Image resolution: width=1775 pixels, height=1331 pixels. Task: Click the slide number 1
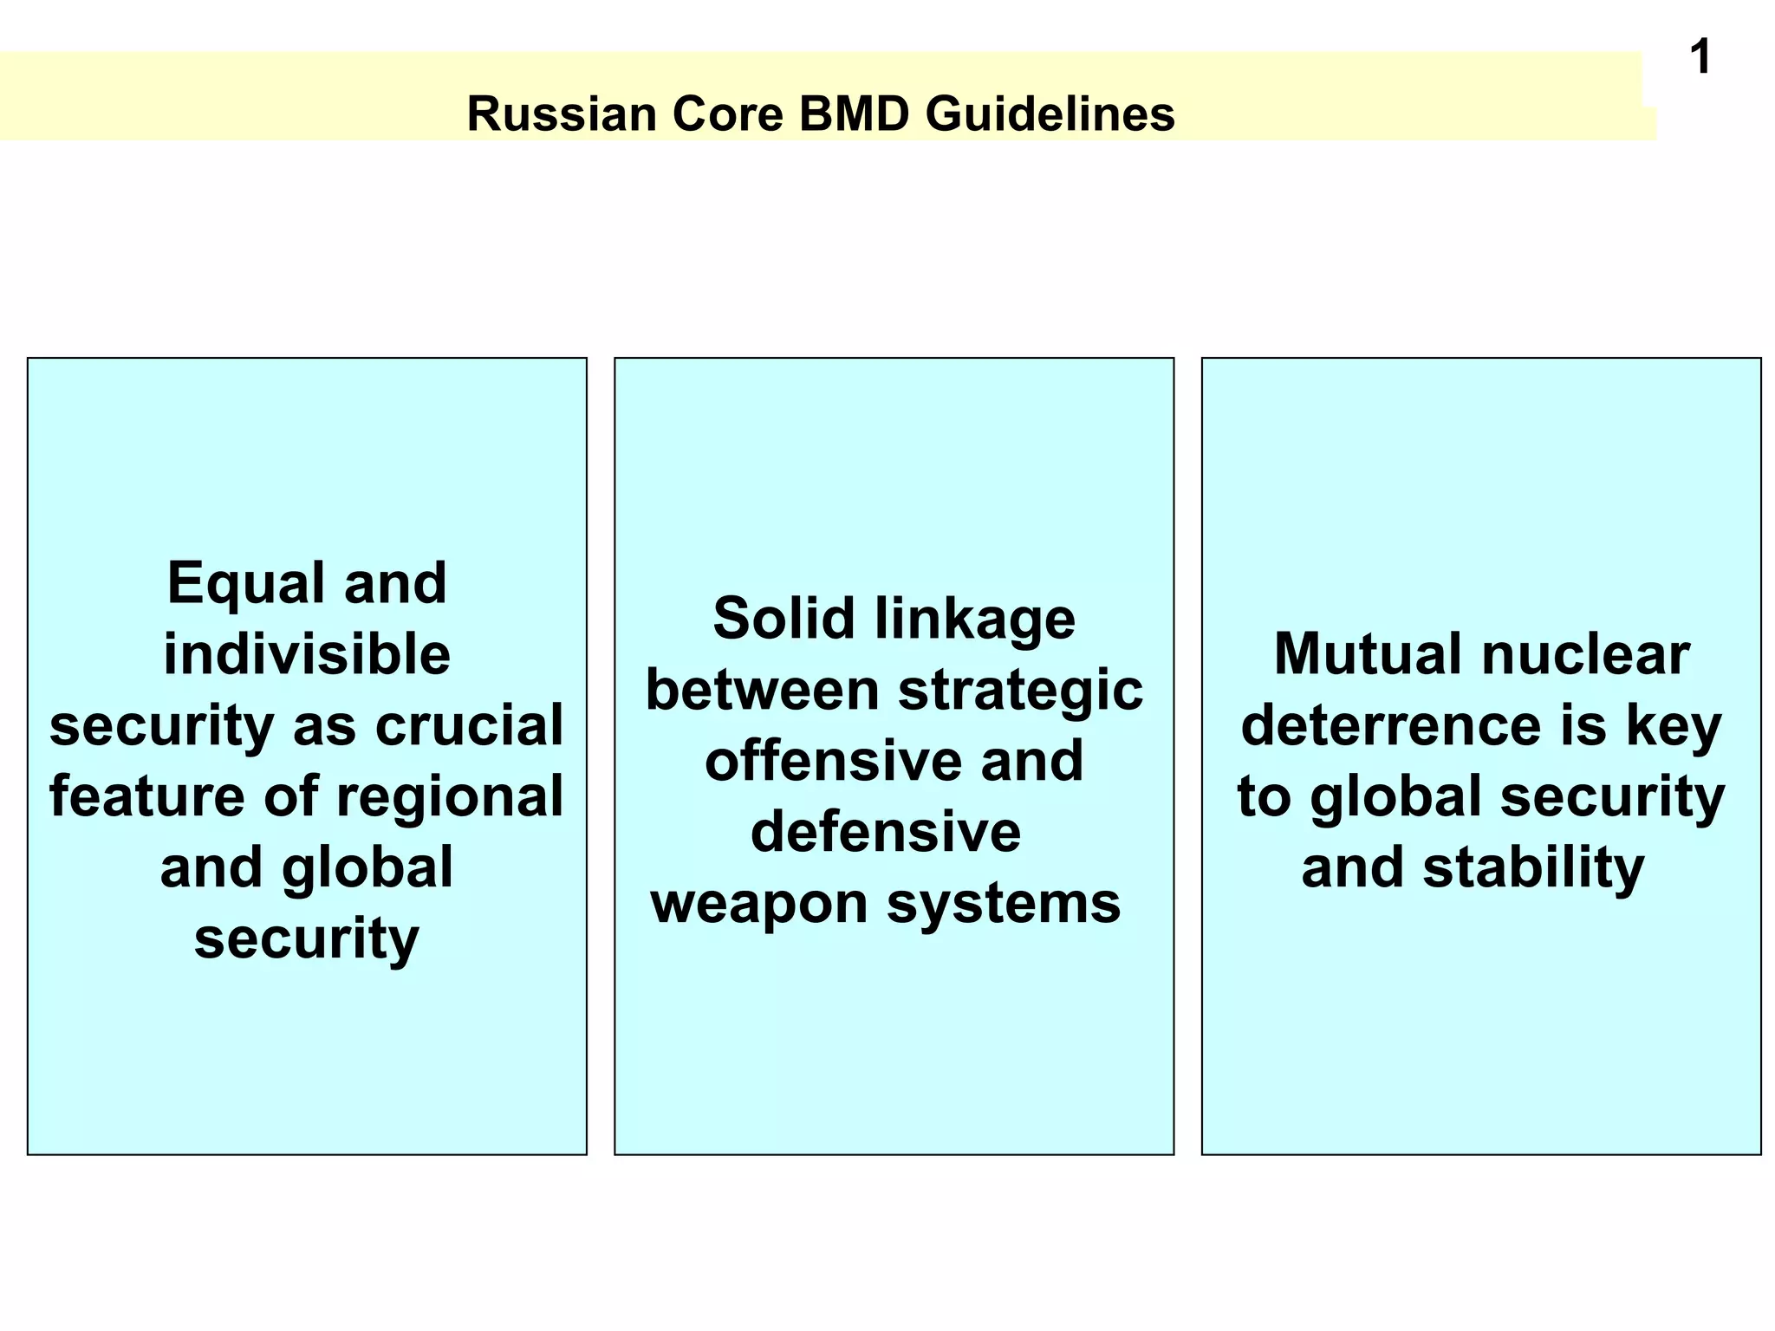pos(1700,58)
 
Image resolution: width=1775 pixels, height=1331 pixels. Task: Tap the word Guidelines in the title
pos(1050,114)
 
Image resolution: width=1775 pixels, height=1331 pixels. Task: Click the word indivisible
pos(307,654)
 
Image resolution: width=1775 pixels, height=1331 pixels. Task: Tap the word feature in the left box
pos(146,797)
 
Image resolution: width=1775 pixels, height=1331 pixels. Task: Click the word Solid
pos(783,620)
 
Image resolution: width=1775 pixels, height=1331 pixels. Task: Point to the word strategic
pos(1020,691)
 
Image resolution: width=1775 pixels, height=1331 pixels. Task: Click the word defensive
pos(885,833)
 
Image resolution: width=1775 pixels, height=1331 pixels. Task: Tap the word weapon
pos(759,904)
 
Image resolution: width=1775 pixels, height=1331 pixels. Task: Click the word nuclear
pos(1585,654)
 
